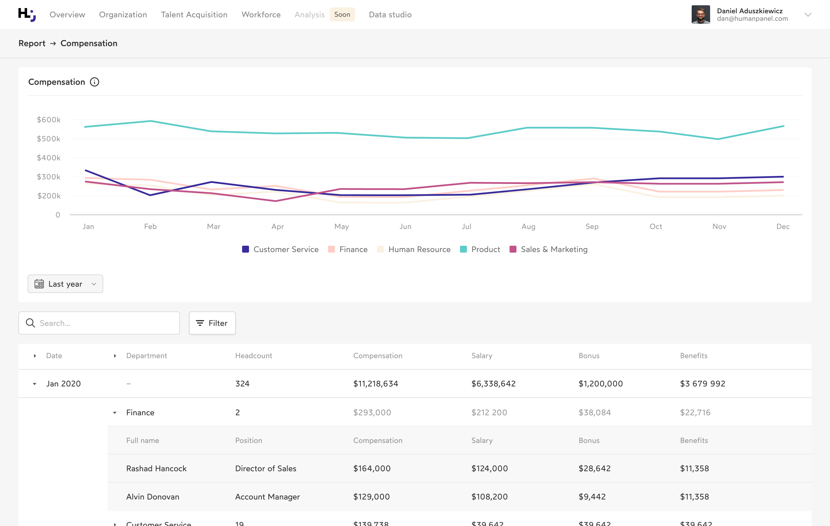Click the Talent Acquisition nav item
point(194,14)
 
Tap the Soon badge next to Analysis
point(342,14)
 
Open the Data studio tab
point(390,14)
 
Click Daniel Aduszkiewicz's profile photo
point(700,14)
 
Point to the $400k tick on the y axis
point(49,158)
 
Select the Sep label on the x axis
point(592,226)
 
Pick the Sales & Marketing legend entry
point(548,249)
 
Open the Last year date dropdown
point(65,284)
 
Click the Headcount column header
point(253,356)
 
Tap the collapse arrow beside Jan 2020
point(35,384)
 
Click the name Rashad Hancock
point(156,468)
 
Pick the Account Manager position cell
point(267,497)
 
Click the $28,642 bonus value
point(594,468)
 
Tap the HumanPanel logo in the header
point(27,14)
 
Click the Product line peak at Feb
point(151,121)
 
